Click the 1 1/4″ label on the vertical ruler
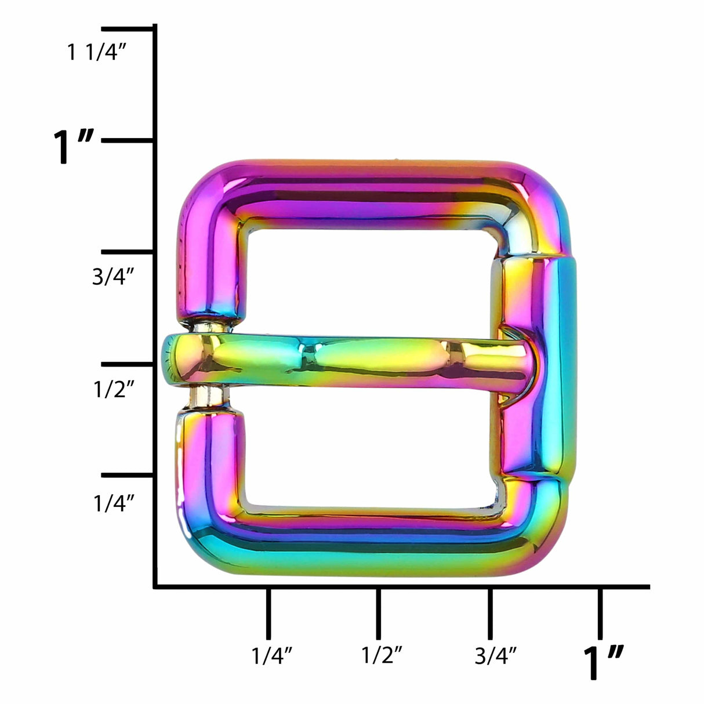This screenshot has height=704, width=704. (96, 53)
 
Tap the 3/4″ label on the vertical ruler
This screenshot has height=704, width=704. (114, 277)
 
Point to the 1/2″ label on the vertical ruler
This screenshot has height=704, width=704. (114, 390)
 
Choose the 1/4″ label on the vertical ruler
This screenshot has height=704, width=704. (114, 502)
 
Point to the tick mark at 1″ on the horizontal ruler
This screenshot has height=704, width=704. (600, 612)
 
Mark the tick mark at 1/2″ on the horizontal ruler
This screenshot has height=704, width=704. (378, 612)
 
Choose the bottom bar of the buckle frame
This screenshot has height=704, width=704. (371, 545)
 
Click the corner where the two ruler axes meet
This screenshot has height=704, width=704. (155, 587)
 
